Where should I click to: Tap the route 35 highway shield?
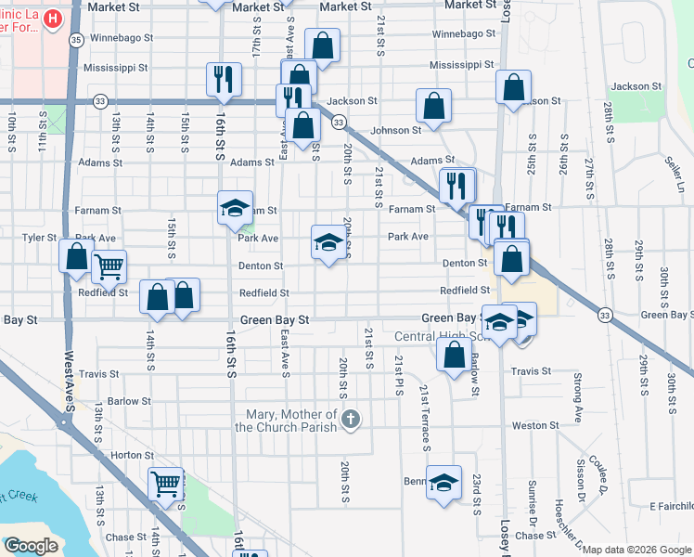[76, 40]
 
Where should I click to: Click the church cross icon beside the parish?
[350, 420]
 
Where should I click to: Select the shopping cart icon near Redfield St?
[109, 268]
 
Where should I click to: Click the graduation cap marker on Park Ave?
[326, 243]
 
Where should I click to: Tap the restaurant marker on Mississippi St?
[222, 80]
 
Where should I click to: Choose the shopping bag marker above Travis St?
[453, 355]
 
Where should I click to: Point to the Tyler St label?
[39, 238]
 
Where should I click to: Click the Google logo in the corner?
[31, 546]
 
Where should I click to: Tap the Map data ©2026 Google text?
[637, 550]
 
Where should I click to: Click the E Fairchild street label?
[671, 506]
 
